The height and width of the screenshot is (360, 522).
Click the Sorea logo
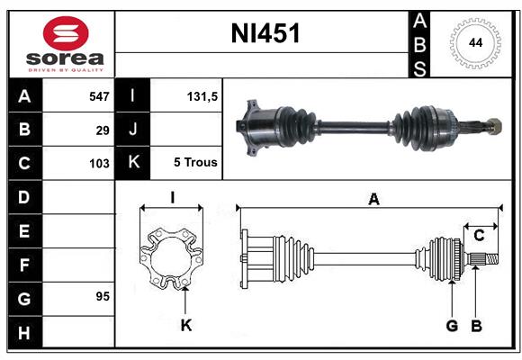[66, 42]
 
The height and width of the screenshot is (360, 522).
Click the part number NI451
[266, 34]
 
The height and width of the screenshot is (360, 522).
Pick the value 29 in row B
[103, 130]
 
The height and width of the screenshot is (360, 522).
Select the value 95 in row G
[102, 296]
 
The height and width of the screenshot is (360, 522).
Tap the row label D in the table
[24, 196]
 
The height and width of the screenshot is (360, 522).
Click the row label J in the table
[133, 130]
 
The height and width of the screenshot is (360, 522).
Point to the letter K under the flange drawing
[186, 326]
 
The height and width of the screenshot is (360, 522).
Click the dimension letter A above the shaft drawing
[373, 199]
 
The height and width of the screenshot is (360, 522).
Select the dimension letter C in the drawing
[479, 236]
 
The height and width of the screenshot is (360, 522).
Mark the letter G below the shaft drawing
[452, 326]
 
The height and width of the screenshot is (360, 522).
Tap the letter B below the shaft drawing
[477, 326]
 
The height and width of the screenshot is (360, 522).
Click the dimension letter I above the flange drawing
[172, 198]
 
